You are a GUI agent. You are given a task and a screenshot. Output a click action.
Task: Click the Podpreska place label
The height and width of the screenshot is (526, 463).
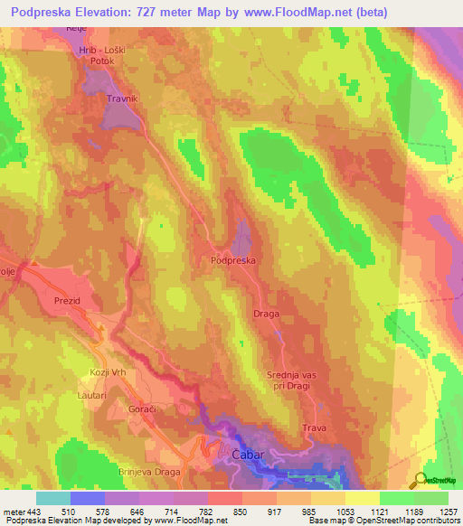[x=233, y=259]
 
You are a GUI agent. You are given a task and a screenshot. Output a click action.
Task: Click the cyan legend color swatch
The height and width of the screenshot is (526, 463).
[x=53, y=498]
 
